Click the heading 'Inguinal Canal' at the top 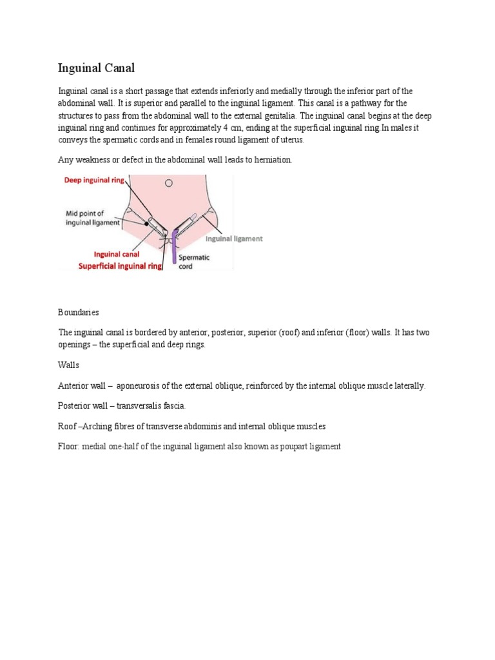tap(96, 68)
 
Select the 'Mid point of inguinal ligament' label tap(93, 218)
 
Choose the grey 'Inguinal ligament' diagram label tap(234, 238)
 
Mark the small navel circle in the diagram tap(168, 183)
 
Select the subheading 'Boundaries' tap(79, 312)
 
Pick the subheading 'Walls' tap(69, 365)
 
